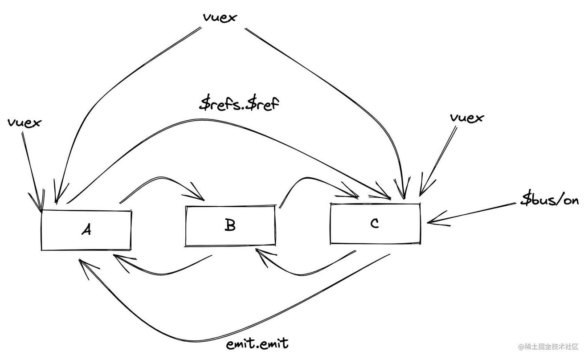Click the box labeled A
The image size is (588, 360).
pos(86,230)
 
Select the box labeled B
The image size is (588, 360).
pos(230,225)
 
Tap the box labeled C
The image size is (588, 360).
pos(375,224)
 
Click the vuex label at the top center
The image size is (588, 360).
pos(220,17)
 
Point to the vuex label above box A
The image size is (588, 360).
pos(24,122)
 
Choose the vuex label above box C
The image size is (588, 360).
pos(467,118)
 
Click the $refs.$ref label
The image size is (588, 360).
pos(240,105)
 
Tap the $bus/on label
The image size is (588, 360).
pos(550,200)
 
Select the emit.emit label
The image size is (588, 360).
pos(257,344)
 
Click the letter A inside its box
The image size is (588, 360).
pos(86,230)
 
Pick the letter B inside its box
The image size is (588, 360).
pos(230,225)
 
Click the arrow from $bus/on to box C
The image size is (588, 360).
pos(472,213)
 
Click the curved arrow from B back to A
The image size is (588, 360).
pos(160,270)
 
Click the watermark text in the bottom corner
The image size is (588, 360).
pos(547,346)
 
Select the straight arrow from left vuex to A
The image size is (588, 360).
pos(31,169)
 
